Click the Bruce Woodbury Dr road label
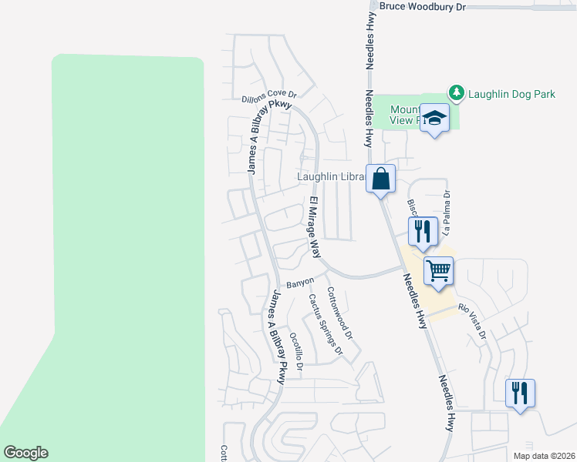tap(423, 6)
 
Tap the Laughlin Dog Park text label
tap(512, 95)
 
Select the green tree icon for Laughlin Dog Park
tap(457, 93)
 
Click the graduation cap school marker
tap(435, 118)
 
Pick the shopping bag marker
tap(380, 179)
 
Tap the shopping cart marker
tap(438, 271)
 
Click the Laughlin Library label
tap(331, 177)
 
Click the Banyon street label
tap(300, 283)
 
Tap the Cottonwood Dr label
tap(339, 313)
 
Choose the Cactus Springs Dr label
tap(326, 324)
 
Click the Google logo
tap(25, 453)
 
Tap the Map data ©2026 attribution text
tap(543, 456)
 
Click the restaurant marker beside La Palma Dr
tap(423, 230)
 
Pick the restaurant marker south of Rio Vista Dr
tap(520, 393)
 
